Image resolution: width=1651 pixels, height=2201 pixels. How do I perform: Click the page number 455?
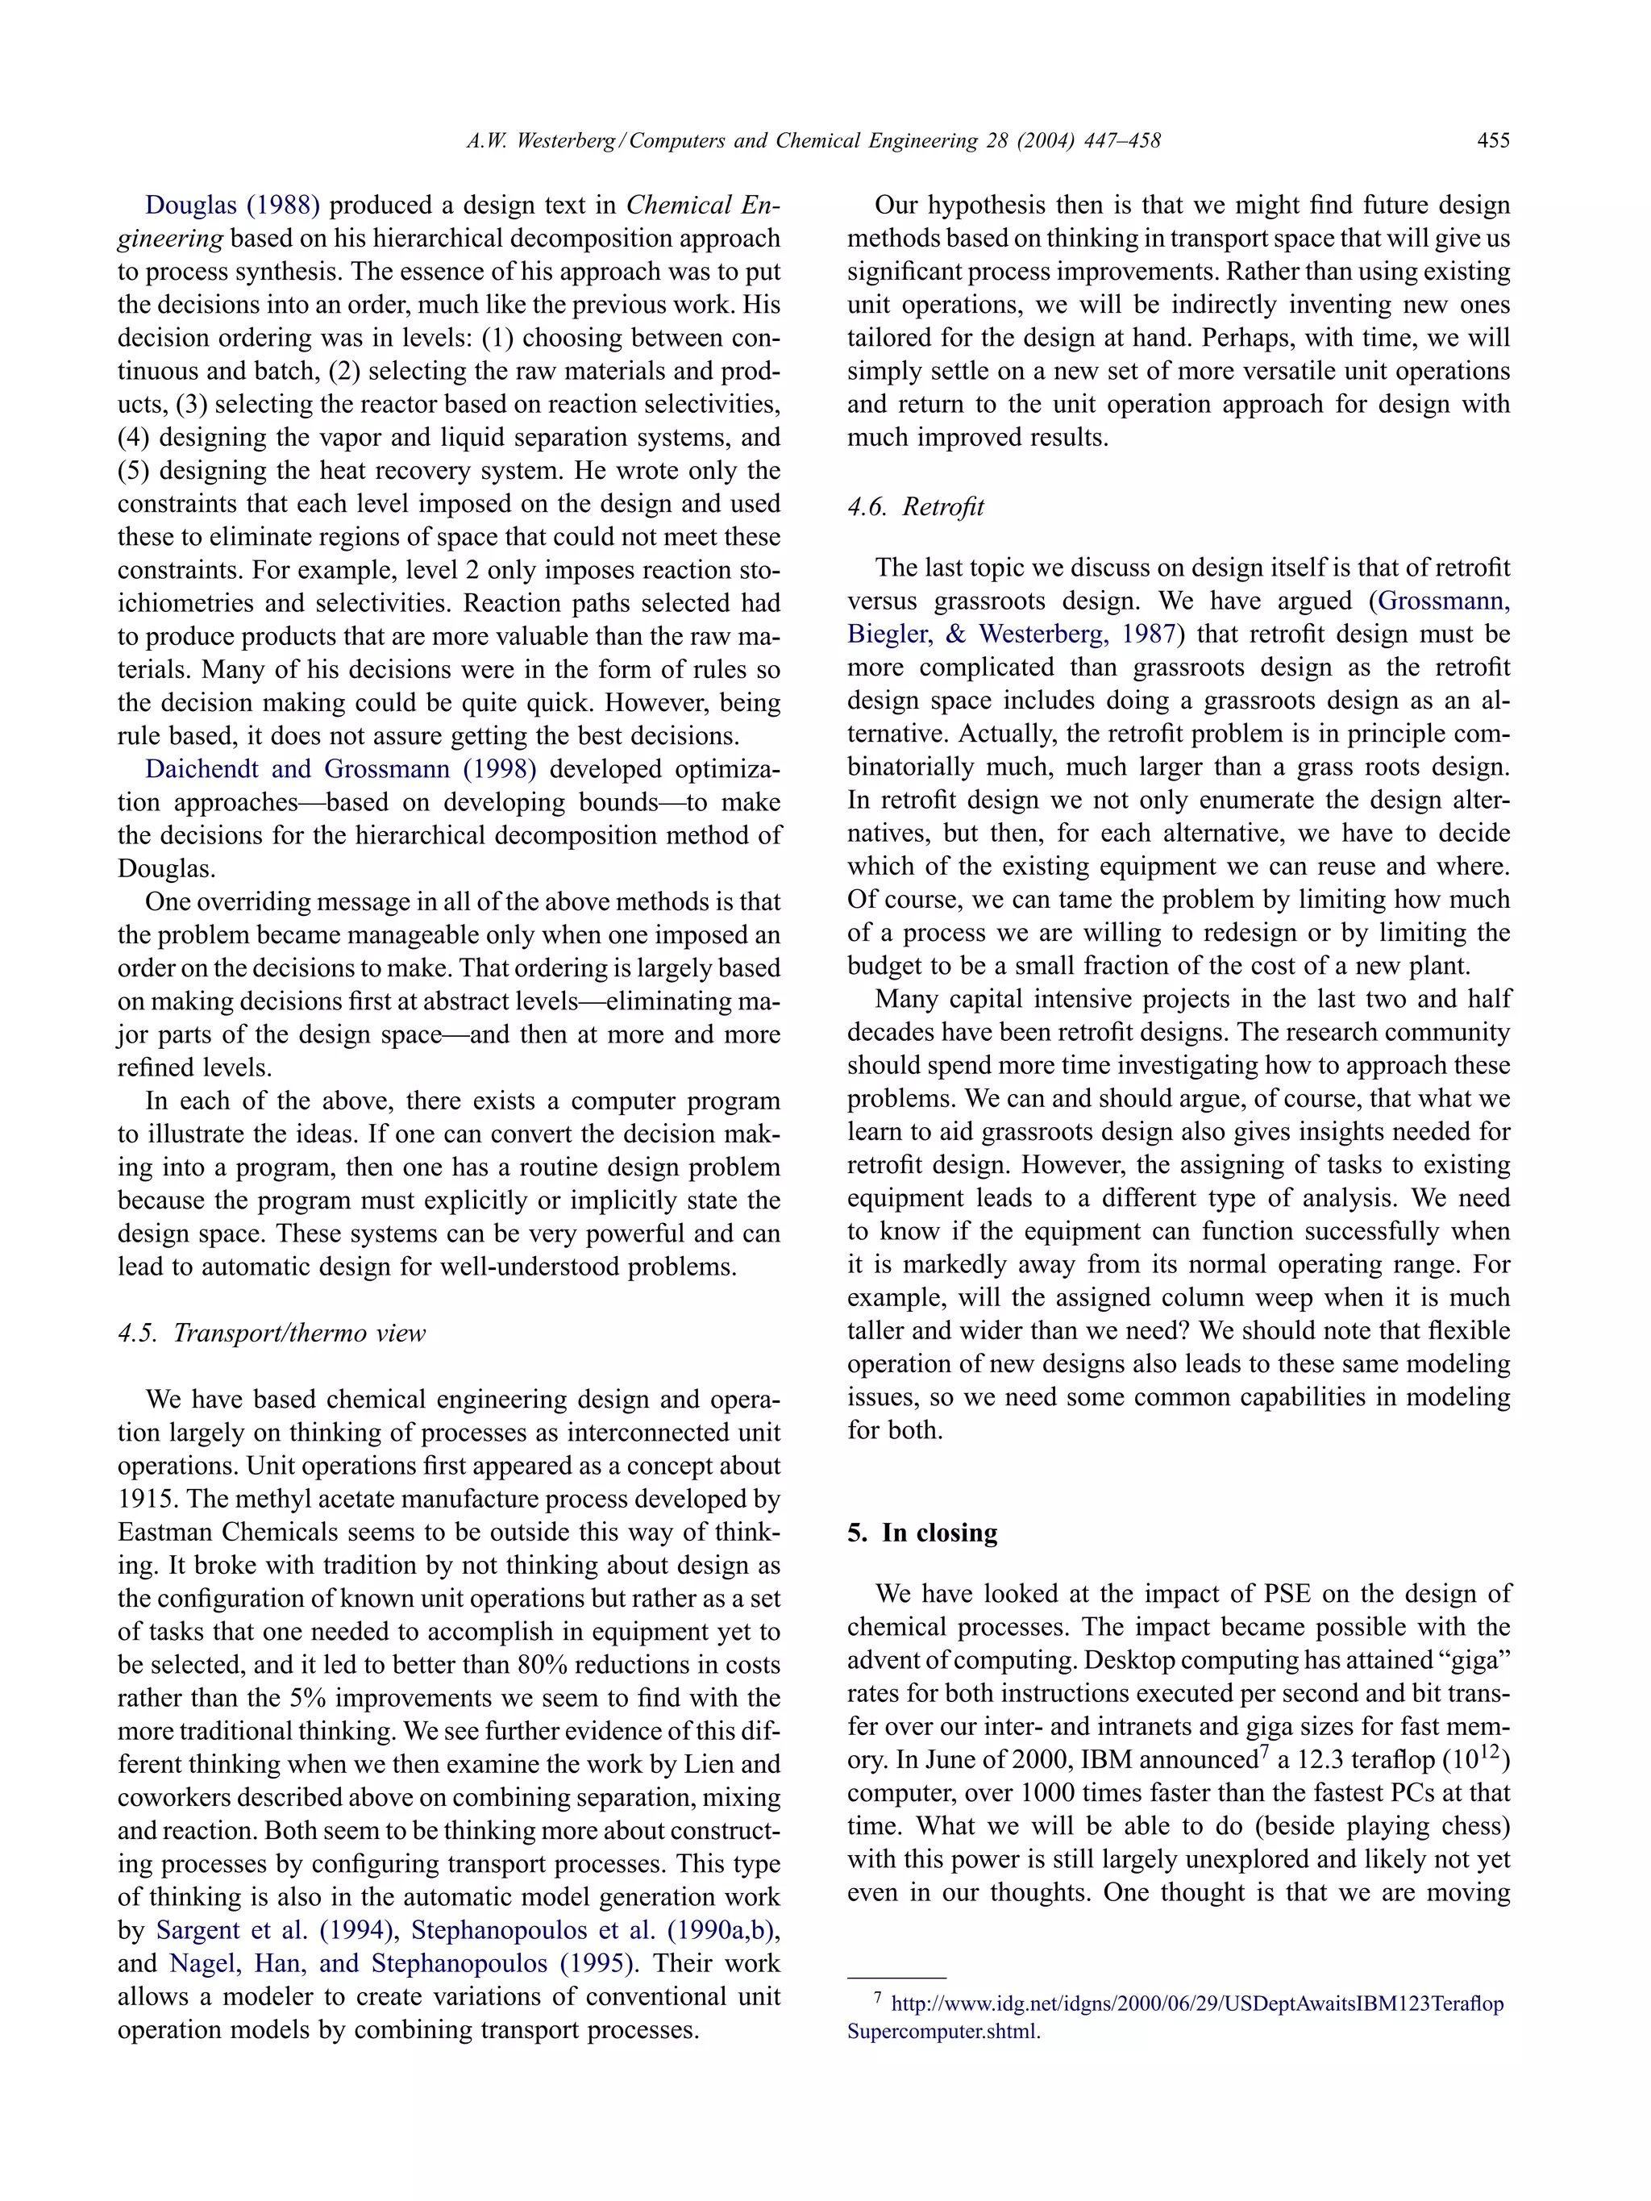tap(1493, 140)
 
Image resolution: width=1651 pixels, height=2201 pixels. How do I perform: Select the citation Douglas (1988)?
tap(232, 205)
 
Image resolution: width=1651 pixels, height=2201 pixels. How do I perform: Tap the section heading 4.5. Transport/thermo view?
tap(272, 1333)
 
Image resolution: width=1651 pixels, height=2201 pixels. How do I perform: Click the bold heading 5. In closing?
tap(921, 1533)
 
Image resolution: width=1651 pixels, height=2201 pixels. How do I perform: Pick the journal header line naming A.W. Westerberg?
tap(813, 140)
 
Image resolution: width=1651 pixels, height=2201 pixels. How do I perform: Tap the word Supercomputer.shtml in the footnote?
tap(942, 2032)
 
